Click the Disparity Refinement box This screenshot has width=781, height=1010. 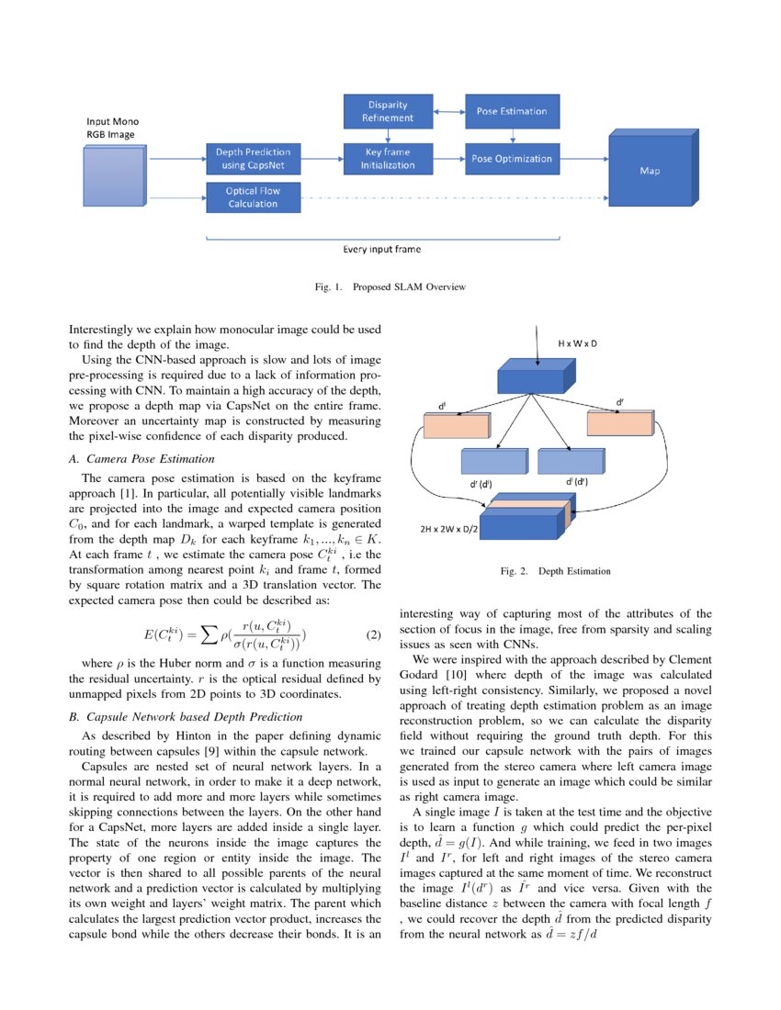[387, 111]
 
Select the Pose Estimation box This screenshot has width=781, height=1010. [511, 111]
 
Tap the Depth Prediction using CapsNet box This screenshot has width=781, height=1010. [253, 158]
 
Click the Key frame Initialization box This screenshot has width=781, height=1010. [387, 158]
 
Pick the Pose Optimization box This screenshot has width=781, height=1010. [511, 158]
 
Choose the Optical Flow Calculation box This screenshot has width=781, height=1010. [253, 197]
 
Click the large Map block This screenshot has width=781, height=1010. [649, 170]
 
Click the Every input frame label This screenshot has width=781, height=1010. [381, 249]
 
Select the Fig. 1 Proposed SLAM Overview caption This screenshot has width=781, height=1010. [390, 287]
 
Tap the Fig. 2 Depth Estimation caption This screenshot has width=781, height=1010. [555, 571]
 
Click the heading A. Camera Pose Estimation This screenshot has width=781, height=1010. [148, 458]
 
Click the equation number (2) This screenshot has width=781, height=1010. [373, 635]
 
